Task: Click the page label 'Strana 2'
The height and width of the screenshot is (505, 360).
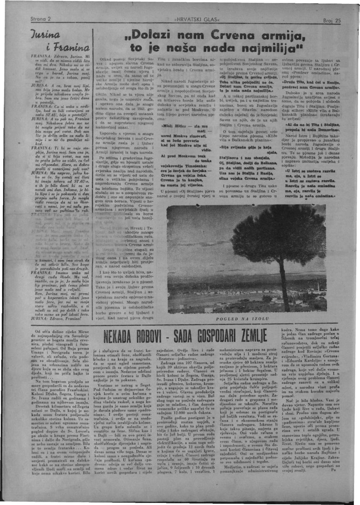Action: (x=41, y=19)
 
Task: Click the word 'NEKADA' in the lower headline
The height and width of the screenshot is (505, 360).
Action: (x=127, y=336)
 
